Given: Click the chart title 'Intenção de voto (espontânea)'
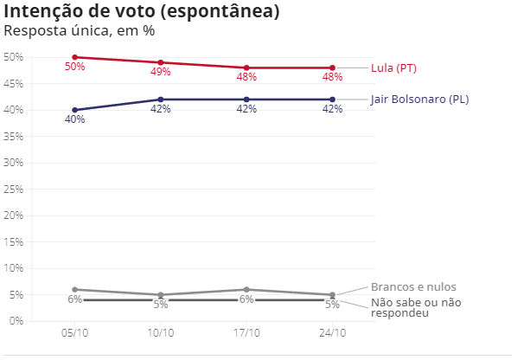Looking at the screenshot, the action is pos(141,11).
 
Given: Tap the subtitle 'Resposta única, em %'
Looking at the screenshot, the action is pos(80,31).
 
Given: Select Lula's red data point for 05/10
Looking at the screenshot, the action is pos(75,57).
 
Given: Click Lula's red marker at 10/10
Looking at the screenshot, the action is pos(161,62).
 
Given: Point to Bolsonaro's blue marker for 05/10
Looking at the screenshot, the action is pos(75,110).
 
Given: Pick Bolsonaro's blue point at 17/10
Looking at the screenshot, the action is pos(246,100).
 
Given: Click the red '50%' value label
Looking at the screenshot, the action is pos(75,67).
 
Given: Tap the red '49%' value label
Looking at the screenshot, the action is pos(161,72).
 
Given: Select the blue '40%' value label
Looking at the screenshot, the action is pos(75,119).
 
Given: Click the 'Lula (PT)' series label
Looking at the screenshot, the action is pos(393,68).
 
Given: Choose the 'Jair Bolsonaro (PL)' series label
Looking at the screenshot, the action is pos(419,100).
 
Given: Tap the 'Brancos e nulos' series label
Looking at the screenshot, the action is pos(413,287).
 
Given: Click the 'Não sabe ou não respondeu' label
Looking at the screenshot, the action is pos(416,307).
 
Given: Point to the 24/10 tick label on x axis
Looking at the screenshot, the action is pos(333,333).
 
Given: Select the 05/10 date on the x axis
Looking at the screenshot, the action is pos(75,333).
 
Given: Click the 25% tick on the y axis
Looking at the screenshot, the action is pos(14,190).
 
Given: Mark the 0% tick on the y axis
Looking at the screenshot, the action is pos(16,321).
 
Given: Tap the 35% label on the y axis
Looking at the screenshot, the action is pos(14,137).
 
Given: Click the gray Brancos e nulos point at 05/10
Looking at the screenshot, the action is pos(75,289).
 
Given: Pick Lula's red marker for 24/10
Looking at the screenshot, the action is pos(333,67).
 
